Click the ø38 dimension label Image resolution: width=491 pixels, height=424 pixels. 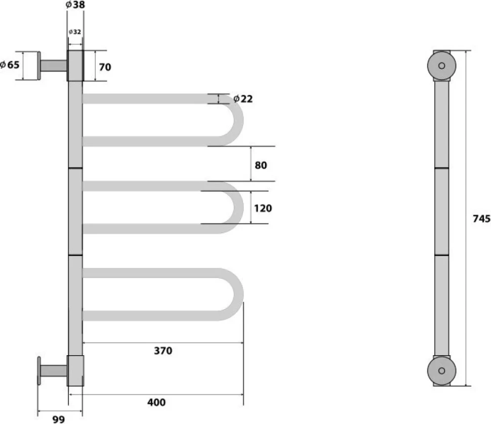coord(75,5)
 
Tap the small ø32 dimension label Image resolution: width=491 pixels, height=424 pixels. coord(75,31)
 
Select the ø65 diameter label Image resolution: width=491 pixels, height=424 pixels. coord(10,65)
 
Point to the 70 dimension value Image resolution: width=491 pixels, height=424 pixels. coord(105,67)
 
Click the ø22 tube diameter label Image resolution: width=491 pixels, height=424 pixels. coord(243,99)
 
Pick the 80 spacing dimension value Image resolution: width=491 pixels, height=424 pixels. coord(261,165)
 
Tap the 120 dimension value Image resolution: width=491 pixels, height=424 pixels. coord(263,208)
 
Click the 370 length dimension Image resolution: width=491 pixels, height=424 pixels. coord(163,351)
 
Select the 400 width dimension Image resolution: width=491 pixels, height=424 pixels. coord(156,402)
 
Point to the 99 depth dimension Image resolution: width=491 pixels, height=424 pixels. coord(59,419)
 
